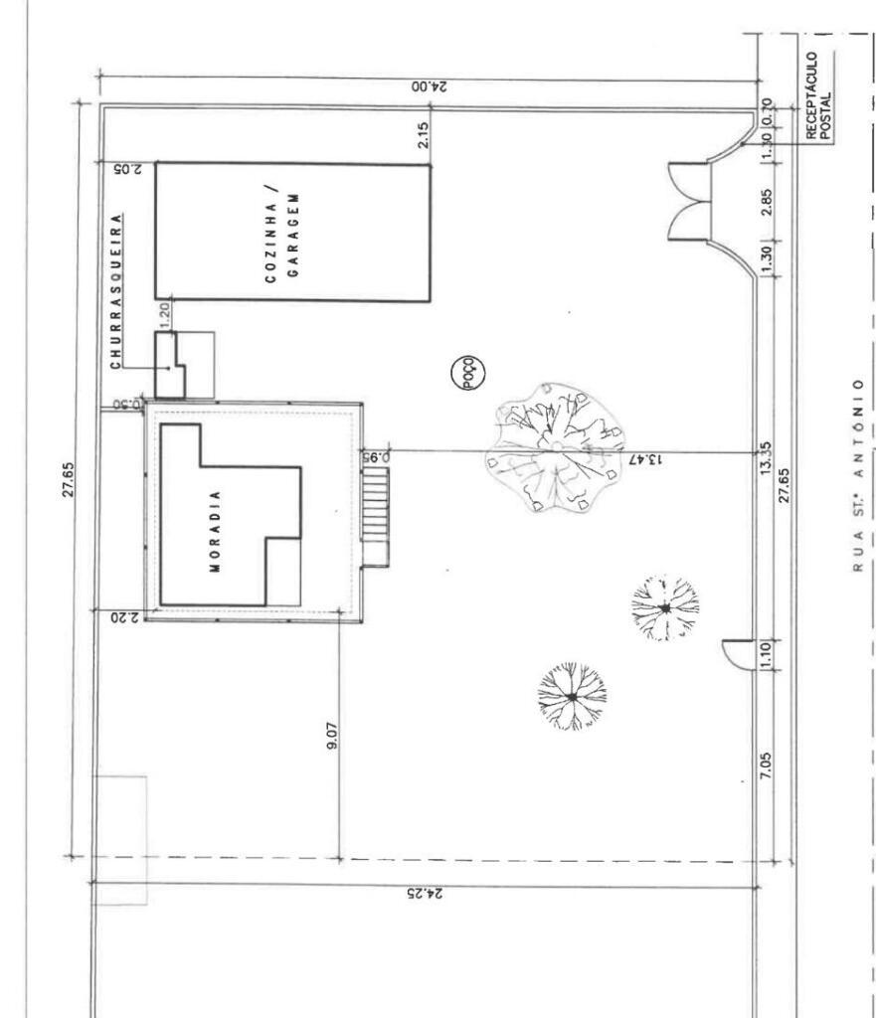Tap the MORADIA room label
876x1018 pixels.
click(x=216, y=531)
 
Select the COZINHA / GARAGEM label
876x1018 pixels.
click(x=283, y=235)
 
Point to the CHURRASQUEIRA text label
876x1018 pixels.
click(x=116, y=291)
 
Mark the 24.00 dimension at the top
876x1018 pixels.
click(x=429, y=87)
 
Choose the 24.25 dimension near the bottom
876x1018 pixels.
click(x=426, y=894)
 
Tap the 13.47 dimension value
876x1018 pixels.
click(x=646, y=459)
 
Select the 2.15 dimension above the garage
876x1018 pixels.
click(x=423, y=135)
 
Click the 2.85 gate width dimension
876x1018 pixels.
click(x=767, y=203)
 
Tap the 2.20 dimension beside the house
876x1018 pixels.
click(x=126, y=617)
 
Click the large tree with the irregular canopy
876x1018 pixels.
click(x=555, y=447)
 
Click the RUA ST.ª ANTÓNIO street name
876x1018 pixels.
click(x=858, y=476)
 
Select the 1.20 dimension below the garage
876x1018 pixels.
click(x=164, y=315)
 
